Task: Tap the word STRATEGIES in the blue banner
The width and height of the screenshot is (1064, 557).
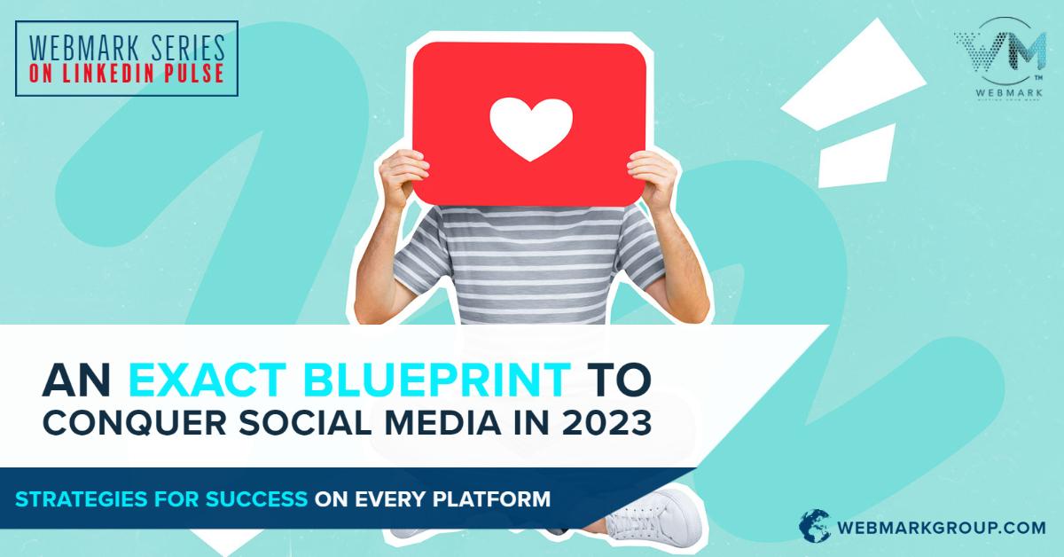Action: (x=74, y=498)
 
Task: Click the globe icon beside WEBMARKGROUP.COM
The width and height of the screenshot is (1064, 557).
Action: (x=815, y=524)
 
